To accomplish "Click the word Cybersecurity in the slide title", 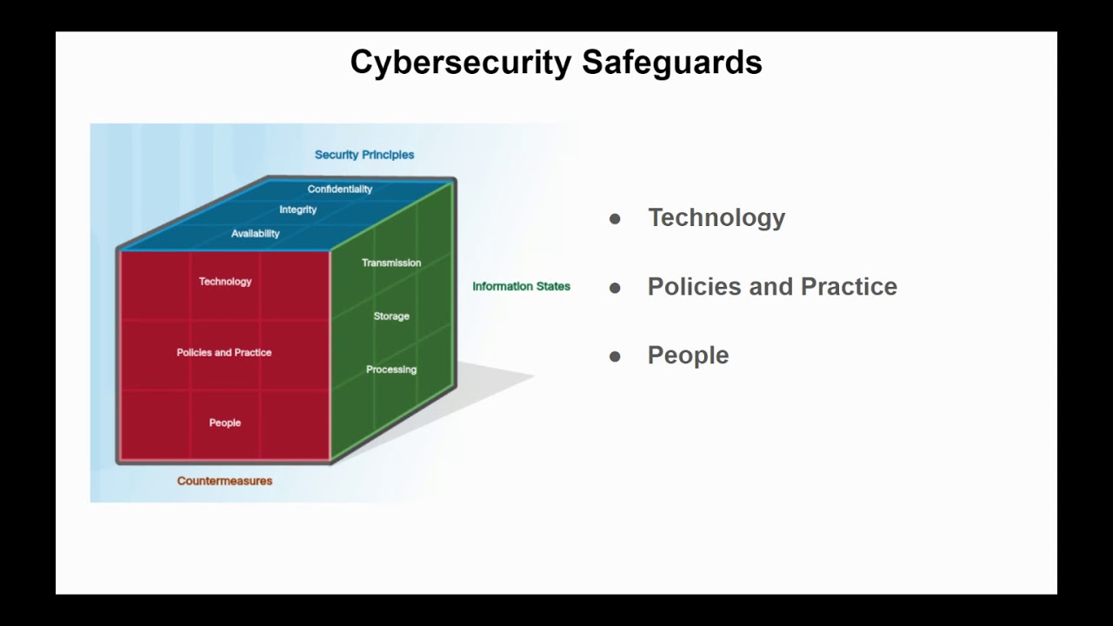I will (461, 63).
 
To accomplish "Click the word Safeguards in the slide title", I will (671, 63).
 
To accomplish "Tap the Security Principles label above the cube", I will (364, 155).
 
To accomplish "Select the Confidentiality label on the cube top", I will (340, 189).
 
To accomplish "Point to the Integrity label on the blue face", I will (298, 210).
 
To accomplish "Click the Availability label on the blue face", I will (256, 233).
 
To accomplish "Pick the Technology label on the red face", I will (225, 282).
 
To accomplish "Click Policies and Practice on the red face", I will (224, 352).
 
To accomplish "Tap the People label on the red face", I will (225, 423).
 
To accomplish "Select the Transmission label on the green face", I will (391, 263).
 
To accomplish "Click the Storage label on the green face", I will (391, 316).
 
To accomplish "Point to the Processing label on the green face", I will (391, 370).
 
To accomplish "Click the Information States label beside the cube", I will (521, 286).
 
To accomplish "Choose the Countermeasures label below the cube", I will (224, 481).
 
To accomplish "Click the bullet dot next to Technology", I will (616, 219).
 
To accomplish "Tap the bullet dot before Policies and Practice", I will (616, 288).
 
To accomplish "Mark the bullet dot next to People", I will (616, 356).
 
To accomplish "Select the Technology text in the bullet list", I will (716, 218).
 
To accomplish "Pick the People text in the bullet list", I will (688, 356).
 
